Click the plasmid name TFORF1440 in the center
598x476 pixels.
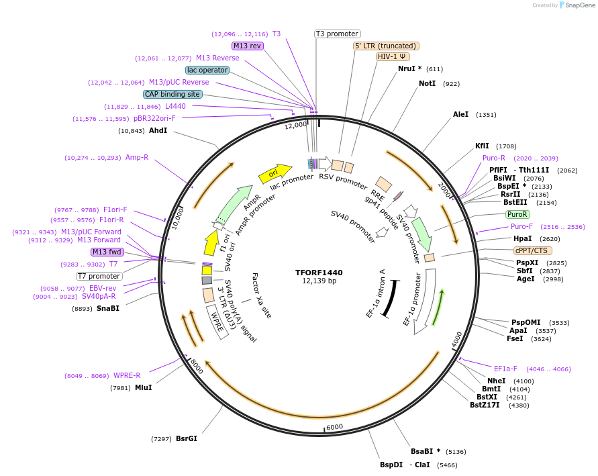tap(319, 273)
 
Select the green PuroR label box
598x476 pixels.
tap(517, 214)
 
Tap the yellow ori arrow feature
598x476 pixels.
tap(275, 173)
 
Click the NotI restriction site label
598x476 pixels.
tap(427, 84)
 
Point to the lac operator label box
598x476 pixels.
tap(207, 70)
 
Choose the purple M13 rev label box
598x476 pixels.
tap(248, 46)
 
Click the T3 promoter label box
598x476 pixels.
tap(337, 34)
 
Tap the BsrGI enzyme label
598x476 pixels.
tap(187, 439)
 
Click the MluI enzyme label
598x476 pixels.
tap(143, 387)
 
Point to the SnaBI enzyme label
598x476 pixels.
tap(107, 309)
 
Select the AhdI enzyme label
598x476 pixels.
tap(158, 130)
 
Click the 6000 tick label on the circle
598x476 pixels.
tap(334, 427)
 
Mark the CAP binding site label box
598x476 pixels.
tap(172, 94)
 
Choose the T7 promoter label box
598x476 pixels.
tap(99, 276)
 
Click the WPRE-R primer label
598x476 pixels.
tap(127, 376)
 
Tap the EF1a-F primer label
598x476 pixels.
tap(505, 369)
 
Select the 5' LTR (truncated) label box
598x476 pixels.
tap(386, 46)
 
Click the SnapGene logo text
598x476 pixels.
tap(581, 5)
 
